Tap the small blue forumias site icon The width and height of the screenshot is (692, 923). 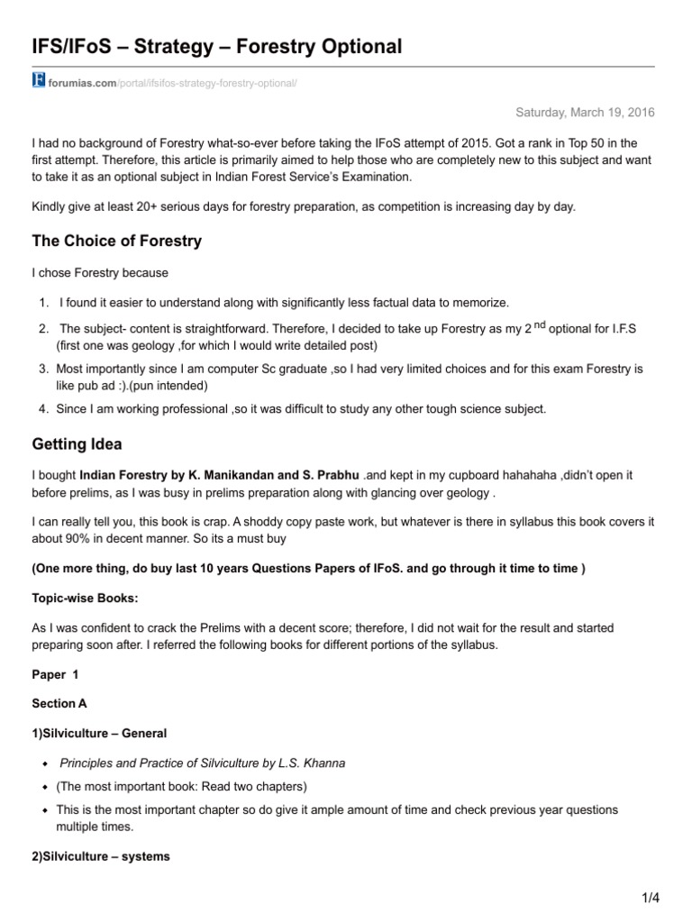(x=38, y=82)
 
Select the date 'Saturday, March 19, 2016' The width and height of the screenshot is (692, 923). (x=585, y=112)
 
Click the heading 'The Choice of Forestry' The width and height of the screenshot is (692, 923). (x=117, y=241)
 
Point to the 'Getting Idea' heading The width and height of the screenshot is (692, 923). (x=77, y=444)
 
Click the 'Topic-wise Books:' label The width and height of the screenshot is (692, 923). (x=79, y=599)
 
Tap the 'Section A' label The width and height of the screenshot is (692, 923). (x=59, y=703)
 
